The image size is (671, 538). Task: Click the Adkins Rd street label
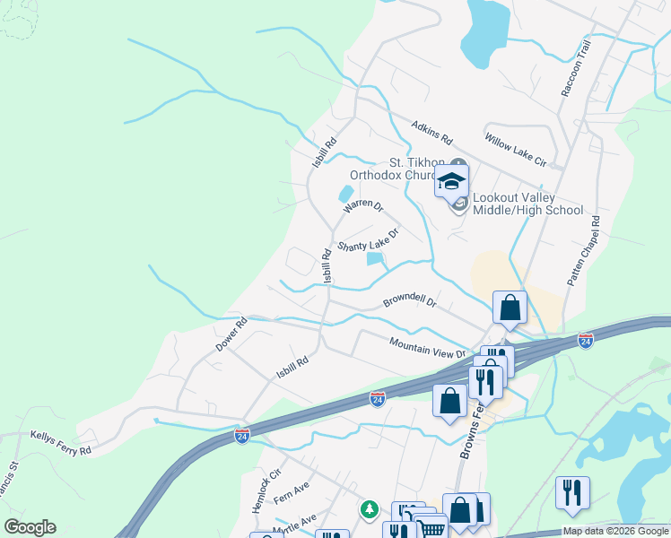coord(432,135)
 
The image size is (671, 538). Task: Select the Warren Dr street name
coord(363,208)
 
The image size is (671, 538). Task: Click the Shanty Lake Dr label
coord(367,240)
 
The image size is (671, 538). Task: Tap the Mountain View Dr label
coord(427,347)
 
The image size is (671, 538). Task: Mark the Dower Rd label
coord(231,334)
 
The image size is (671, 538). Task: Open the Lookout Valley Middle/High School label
coord(527,204)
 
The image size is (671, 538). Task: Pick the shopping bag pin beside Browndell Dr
coord(510,308)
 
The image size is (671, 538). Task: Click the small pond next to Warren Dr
coord(345,194)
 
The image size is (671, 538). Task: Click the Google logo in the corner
coord(30,527)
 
